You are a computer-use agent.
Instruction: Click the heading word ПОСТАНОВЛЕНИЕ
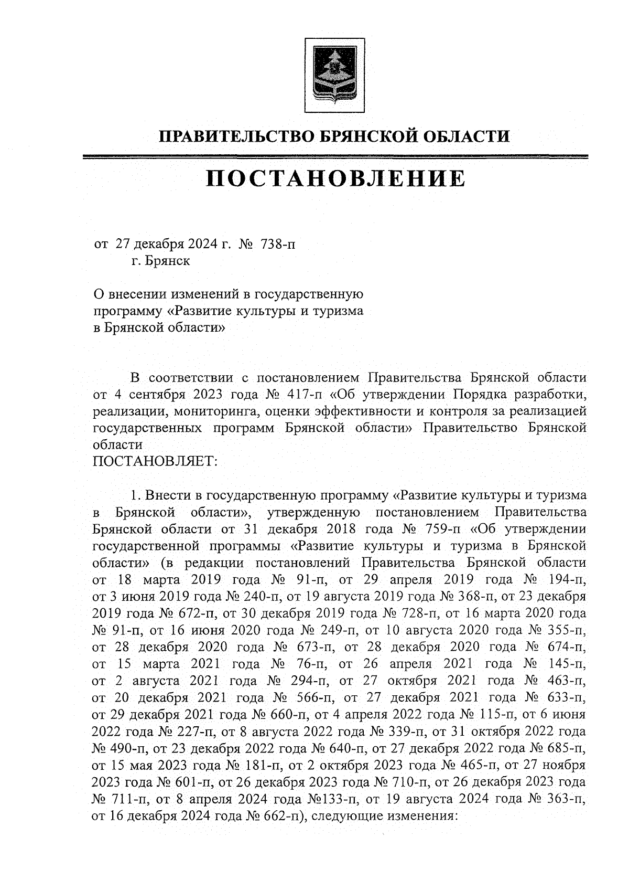point(335,178)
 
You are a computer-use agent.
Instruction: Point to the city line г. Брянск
point(161,261)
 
